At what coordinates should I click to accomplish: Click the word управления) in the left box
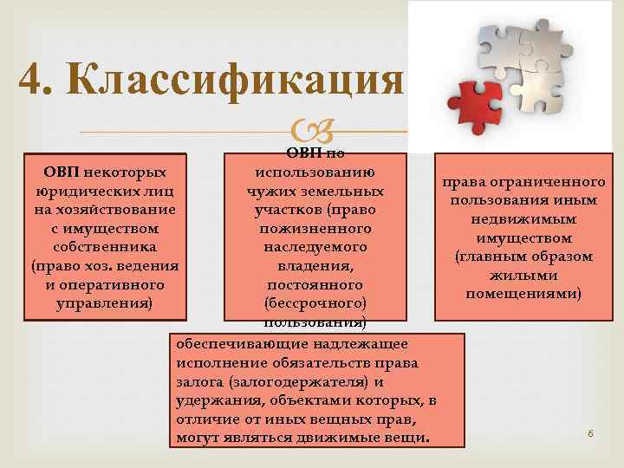[104, 303]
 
